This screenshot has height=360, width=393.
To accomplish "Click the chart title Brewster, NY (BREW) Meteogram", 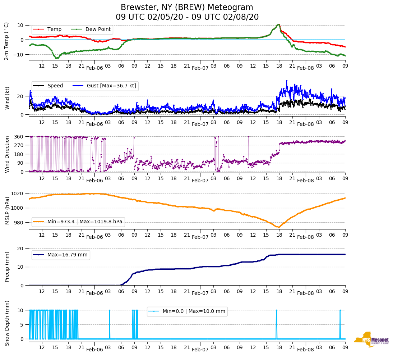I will pos(187,8).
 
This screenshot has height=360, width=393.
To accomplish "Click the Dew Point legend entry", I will pos(98,29).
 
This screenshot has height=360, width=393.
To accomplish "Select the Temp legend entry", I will pos(54,29).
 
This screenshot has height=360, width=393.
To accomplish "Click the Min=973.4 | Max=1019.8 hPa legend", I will pos(85,222).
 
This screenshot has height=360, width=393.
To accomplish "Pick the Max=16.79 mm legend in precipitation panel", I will pos(67,255).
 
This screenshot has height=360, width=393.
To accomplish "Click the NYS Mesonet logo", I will pos(371,340).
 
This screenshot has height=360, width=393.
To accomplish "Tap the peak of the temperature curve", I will pos(278,24).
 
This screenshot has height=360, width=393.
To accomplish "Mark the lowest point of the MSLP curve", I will pos(278,227).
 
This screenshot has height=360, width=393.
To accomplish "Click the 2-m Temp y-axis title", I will pos(6,41).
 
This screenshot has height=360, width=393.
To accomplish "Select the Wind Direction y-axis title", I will pos(7,154).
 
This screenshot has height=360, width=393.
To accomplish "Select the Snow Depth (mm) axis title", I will pos(7,323).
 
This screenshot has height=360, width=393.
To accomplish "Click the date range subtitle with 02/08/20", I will pos(187,17).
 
